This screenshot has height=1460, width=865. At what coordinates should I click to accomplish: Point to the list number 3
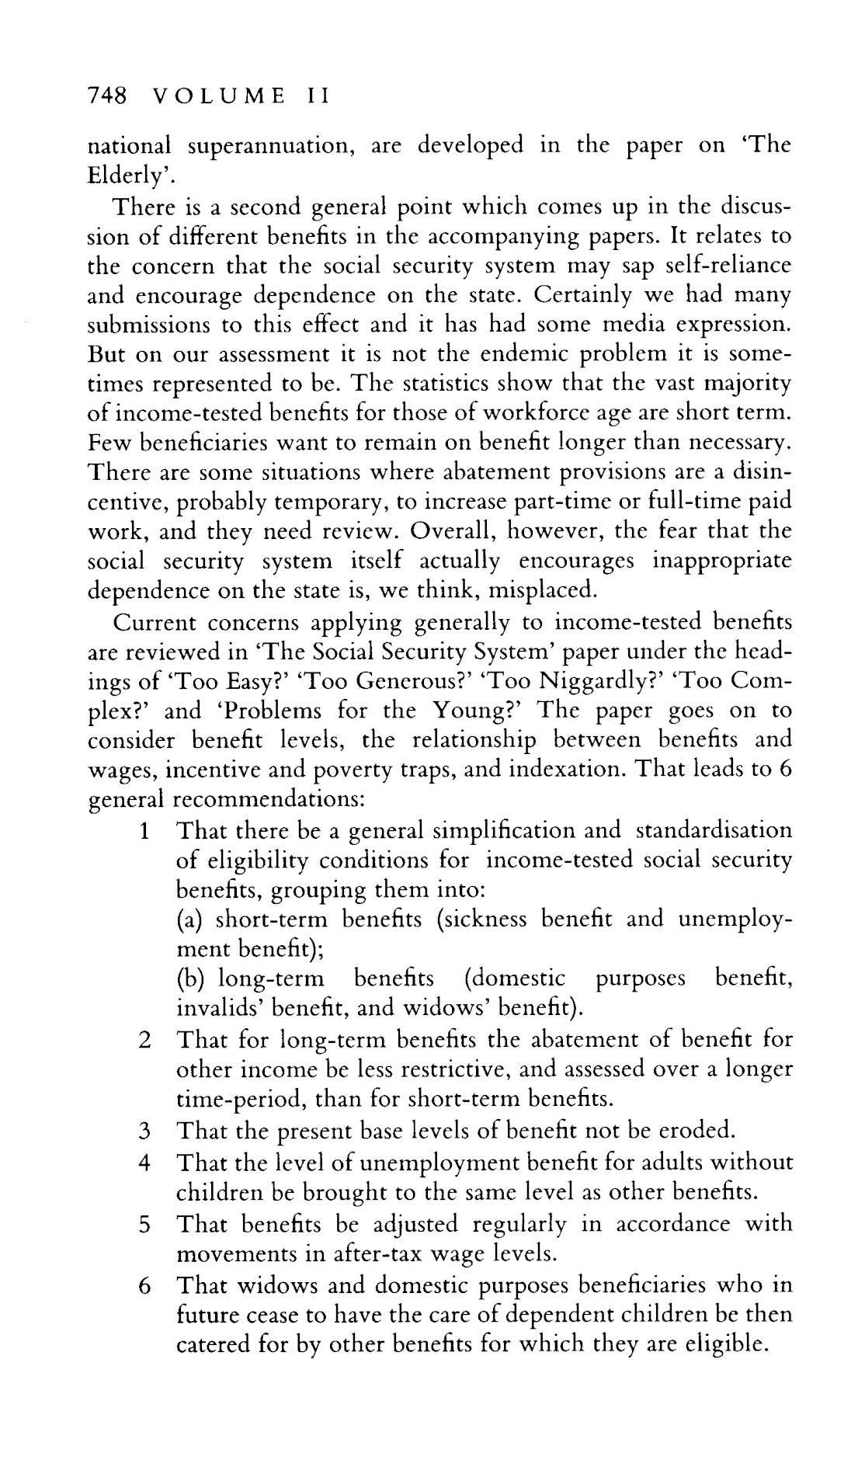tap(144, 1129)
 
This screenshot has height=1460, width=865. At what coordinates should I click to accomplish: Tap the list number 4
tap(144, 1163)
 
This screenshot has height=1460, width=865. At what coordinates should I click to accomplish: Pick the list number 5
tap(144, 1224)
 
